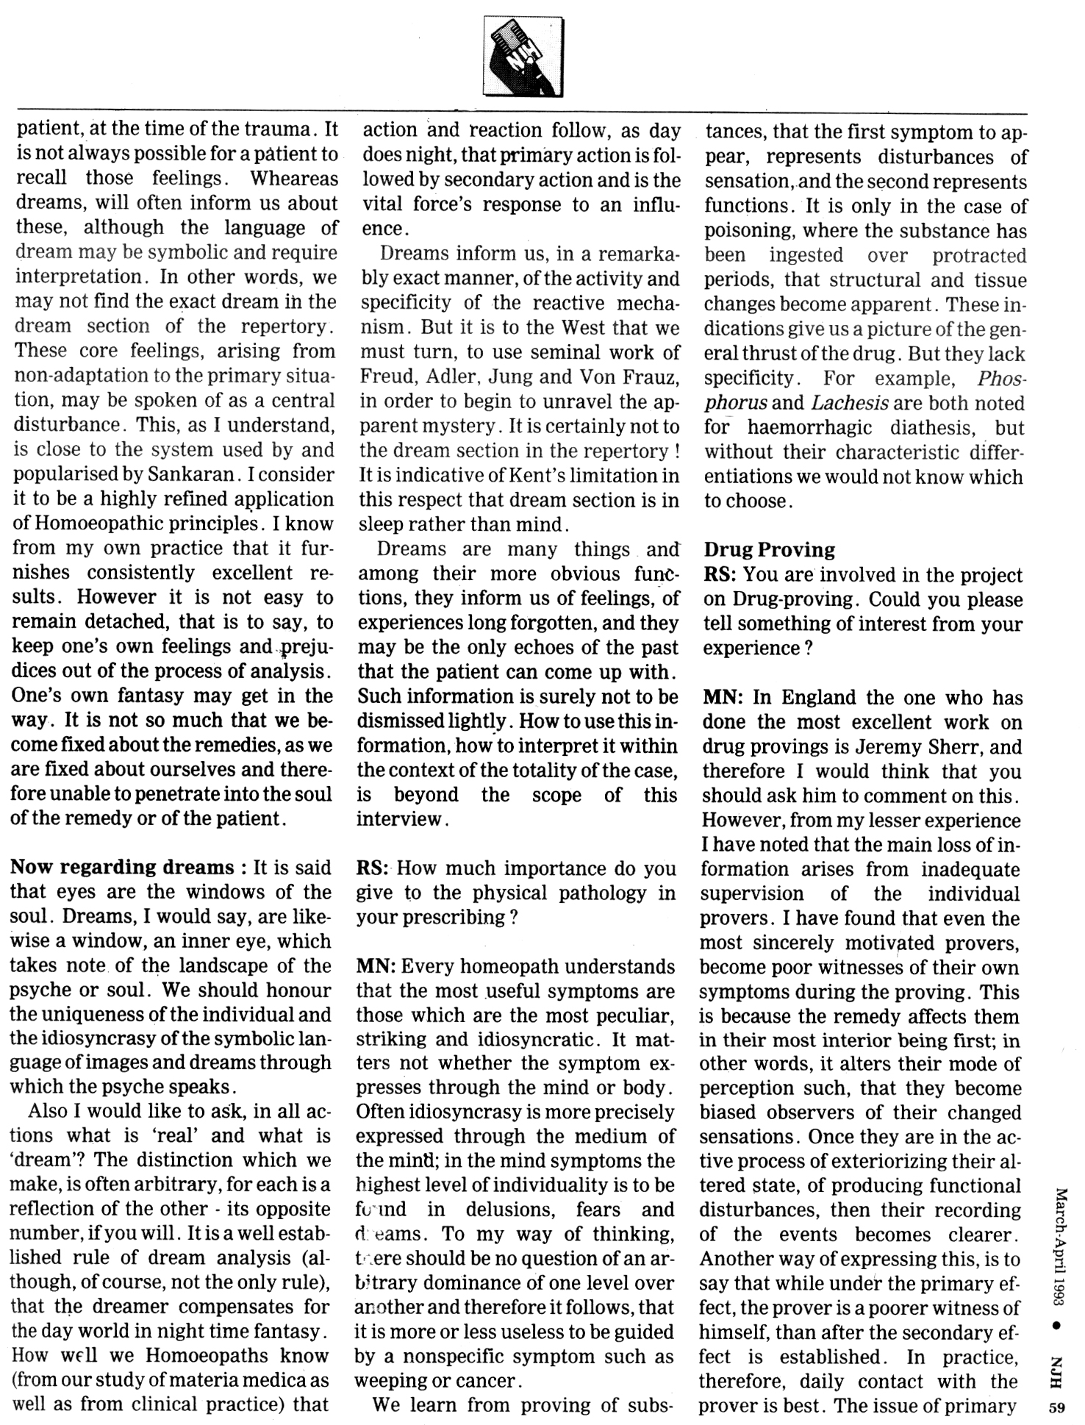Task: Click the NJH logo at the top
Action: tap(523, 57)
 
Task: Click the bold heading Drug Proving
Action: tap(769, 550)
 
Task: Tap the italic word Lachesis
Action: tap(850, 403)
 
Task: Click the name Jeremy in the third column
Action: tap(892, 746)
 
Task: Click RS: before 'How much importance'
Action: tap(373, 868)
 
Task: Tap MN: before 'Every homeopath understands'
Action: tap(376, 966)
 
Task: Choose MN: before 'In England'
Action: tap(723, 697)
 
